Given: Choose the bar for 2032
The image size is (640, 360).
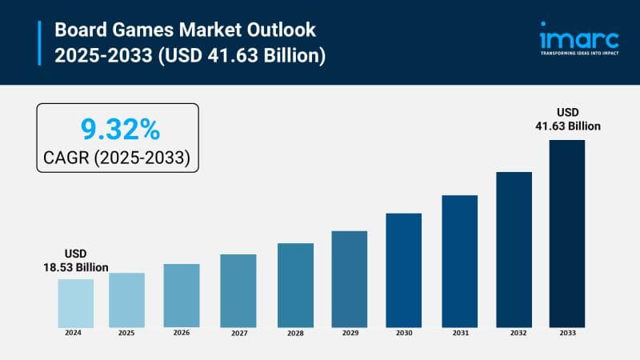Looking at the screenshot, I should (x=514, y=249).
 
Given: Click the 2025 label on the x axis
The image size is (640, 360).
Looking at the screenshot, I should (x=126, y=332).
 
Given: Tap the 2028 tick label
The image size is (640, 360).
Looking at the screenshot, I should (x=295, y=332).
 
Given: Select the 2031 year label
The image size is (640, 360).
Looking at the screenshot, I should (x=459, y=332).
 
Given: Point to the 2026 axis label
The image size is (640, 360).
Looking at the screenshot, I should (x=182, y=332).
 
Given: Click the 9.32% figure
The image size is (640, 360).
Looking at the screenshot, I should (x=117, y=128).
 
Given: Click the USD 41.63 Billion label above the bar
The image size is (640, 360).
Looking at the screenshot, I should (x=567, y=119).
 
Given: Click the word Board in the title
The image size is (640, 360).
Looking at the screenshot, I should (x=78, y=30).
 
